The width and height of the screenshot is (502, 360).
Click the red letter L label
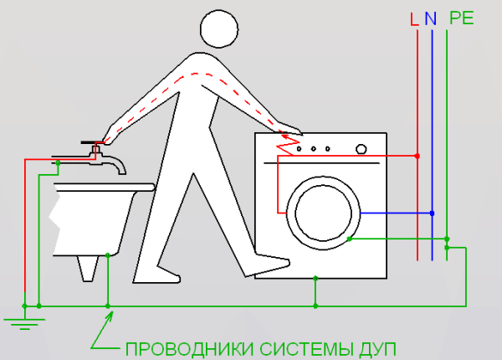coord(414,19)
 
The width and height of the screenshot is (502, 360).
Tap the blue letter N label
coord(431,19)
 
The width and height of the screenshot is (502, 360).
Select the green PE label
coord(461,18)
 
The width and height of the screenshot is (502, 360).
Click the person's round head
coord(219,28)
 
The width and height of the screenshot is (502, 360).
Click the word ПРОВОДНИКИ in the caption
coord(190,349)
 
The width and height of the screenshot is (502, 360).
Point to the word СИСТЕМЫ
coord(306,349)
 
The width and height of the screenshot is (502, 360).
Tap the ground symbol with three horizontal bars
coord(24,324)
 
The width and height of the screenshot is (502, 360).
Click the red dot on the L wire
coord(417,156)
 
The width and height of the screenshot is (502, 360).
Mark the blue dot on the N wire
coord(432,213)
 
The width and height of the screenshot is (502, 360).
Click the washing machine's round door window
coord(323,213)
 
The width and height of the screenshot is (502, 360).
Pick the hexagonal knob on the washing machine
coord(361,149)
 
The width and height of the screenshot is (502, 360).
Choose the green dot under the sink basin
coord(108,255)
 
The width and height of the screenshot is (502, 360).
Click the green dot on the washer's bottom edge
coord(315,278)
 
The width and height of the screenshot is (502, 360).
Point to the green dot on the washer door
coord(350,239)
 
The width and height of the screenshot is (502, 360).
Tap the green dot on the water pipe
coord(58,163)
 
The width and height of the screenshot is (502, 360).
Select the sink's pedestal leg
coord(88,269)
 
